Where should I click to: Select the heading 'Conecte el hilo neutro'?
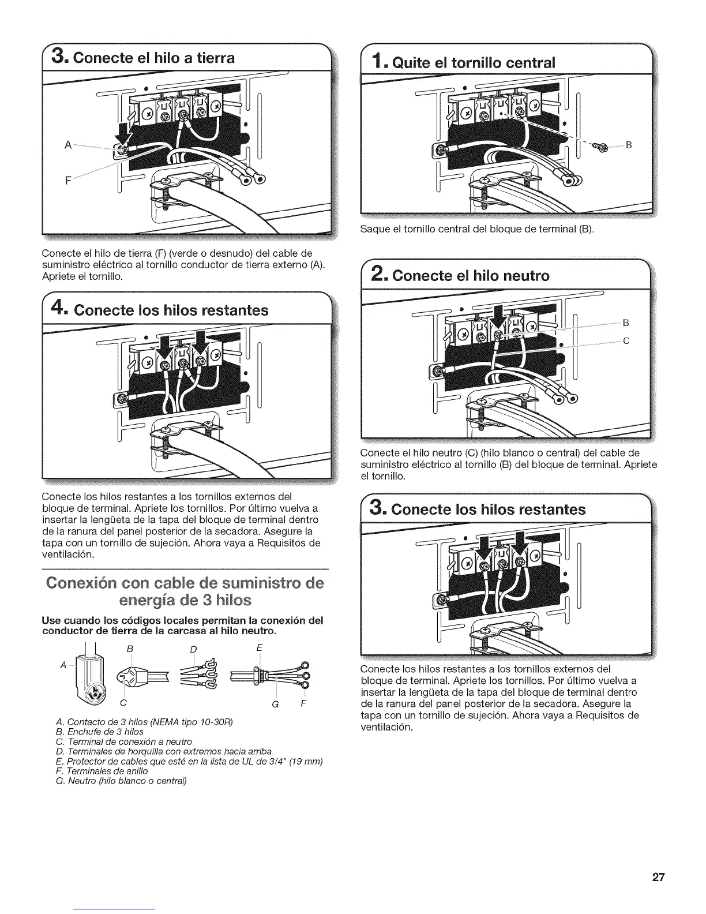pos(471,276)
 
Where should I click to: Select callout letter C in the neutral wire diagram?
pos(625,341)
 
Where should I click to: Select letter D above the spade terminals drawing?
pos(194,649)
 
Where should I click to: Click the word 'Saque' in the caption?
pos(374,230)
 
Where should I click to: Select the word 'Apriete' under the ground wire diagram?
pos(61,276)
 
